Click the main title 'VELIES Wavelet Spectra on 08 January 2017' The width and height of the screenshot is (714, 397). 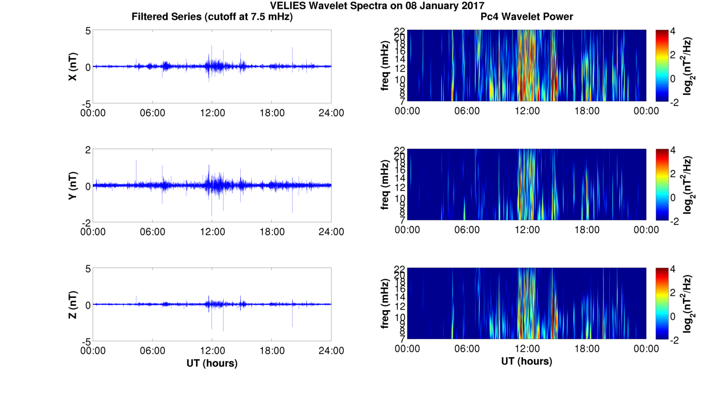377,6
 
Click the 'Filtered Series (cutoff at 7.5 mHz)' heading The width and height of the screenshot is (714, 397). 212,17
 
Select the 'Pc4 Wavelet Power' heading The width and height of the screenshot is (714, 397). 527,17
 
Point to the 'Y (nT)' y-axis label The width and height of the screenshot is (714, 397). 73,185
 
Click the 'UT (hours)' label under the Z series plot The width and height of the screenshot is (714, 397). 212,363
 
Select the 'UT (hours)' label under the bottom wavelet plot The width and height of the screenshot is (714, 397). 527,361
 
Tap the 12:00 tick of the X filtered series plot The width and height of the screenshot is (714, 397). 212,112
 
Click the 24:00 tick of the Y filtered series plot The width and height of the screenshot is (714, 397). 331,231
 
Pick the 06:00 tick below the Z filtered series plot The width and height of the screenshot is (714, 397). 153,350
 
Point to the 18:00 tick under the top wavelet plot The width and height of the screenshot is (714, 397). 587,111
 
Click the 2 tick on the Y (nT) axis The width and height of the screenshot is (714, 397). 87,150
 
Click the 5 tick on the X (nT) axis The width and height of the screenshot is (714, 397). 87,31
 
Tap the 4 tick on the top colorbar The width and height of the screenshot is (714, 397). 675,31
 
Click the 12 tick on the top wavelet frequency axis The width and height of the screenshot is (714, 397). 399,68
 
